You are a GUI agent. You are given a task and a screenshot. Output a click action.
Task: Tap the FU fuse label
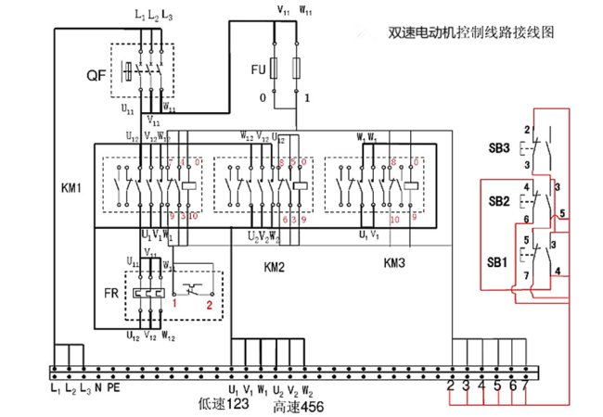[258, 70]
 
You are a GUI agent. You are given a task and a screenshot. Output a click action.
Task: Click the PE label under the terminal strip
[114, 386]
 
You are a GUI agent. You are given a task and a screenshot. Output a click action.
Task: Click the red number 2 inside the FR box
[210, 304]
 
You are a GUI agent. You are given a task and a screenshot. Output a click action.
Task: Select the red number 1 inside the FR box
[174, 304]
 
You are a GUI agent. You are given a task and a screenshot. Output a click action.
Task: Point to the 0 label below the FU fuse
[263, 97]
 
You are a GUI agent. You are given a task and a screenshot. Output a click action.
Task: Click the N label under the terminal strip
[98, 386]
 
